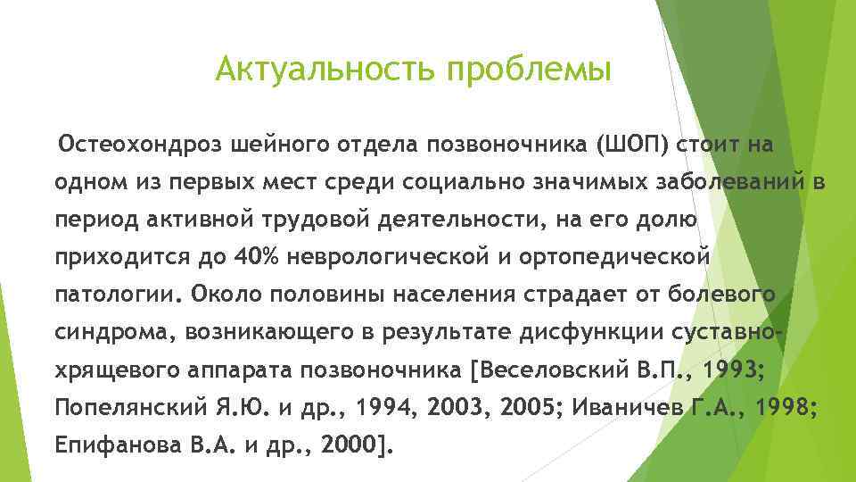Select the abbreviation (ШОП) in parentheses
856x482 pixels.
(x=635, y=145)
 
